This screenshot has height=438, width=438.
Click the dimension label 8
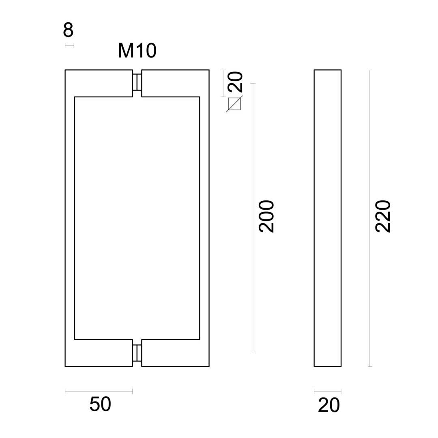tap(68, 30)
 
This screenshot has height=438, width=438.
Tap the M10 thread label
tap(137, 51)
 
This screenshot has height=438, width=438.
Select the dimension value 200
tap(266, 216)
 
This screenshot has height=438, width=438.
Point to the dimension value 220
tap(382, 216)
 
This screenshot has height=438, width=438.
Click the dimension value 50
tap(100, 404)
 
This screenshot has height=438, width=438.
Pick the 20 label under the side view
tap(329, 405)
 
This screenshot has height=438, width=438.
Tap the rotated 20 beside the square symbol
tap(235, 82)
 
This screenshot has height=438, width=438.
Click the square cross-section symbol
tap(234, 104)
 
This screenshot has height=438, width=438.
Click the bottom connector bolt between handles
tap(137, 353)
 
